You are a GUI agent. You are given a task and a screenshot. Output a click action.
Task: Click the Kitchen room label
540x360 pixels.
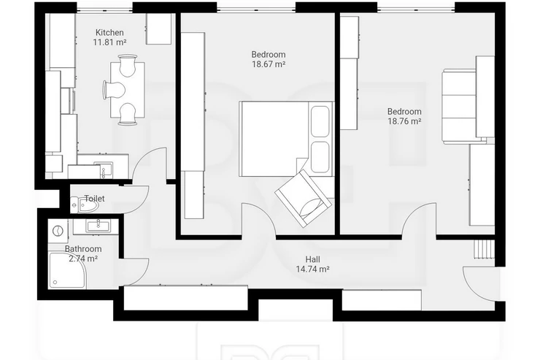(109, 33)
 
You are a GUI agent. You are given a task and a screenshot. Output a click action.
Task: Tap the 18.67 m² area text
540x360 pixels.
(269, 64)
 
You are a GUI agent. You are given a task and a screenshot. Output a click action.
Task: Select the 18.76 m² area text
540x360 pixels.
(405, 121)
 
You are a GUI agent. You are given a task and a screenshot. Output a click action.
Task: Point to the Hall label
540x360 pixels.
(313, 259)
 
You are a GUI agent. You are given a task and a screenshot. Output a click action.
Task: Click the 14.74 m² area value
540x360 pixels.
(313, 269)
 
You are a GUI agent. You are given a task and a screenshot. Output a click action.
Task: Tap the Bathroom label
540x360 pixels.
(83, 249)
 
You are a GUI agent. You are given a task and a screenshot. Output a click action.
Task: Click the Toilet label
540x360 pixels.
(94, 199)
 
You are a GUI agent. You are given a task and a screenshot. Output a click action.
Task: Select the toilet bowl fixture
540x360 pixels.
(85, 204)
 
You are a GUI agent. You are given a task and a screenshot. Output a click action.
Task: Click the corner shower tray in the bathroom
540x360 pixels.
(67, 270)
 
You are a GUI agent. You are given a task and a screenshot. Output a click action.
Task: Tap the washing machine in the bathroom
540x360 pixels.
(58, 231)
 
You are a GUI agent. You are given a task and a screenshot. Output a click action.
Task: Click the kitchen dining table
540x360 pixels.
(128, 90)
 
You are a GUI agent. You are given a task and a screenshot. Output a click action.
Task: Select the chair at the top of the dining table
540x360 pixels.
(127, 65)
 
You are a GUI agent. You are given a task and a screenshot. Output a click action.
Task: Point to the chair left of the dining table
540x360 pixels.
(114, 91)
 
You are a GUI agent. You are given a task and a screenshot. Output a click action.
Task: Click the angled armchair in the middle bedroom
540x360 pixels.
(304, 199)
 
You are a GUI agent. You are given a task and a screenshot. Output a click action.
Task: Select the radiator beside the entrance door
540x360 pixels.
(485, 249)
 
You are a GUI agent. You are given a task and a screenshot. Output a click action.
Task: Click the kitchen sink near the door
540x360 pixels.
(104, 171)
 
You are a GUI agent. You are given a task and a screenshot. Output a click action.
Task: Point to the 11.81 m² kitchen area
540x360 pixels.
(109, 42)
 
